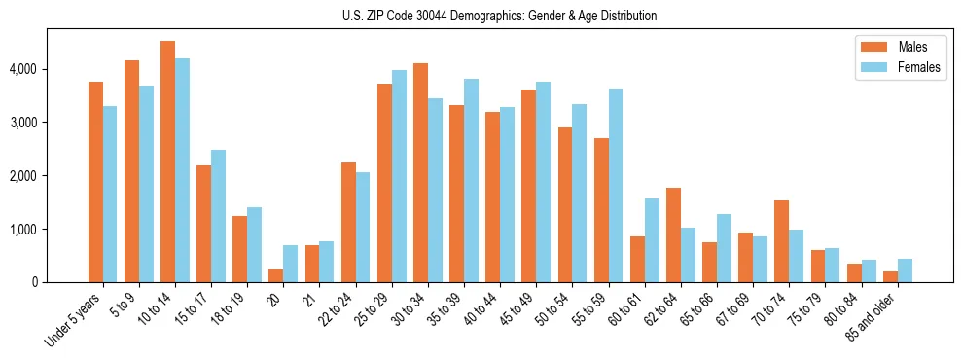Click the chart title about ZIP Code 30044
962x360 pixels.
point(499,16)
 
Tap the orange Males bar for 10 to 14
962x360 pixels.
point(167,162)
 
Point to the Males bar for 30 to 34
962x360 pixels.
point(420,173)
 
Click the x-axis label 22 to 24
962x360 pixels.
point(338,310)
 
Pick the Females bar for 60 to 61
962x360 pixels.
point(652,240)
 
